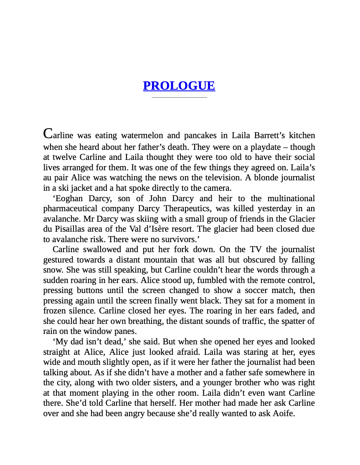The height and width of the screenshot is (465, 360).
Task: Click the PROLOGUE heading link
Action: (179, 86)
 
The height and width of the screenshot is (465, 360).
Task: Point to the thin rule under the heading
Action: (179, 97)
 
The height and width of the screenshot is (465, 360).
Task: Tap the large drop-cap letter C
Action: (48, 134)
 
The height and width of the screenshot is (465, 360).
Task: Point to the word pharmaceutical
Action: (70, 209)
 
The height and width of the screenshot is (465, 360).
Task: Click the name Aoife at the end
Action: (282, 414)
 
